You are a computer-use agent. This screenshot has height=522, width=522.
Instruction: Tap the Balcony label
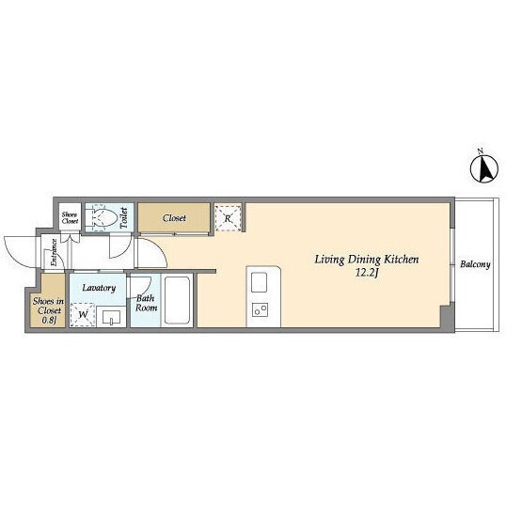(x=475, y=264)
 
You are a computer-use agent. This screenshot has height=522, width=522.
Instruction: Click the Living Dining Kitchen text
(x=367, y=260)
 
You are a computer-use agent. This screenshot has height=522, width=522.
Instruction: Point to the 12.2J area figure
(x=367, y=274)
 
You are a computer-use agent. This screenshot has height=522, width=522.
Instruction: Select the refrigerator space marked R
(x=228, y=218)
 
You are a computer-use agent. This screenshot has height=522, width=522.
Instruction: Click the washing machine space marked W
(x=83, y=314)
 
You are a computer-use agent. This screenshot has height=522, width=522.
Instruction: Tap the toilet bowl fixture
(x=102, y=217)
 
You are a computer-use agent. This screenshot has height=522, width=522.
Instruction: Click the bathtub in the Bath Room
(x=177, y=300)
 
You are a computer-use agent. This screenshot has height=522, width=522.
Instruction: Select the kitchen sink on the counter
(x=259, y=282)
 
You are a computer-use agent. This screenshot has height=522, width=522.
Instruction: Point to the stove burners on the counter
(x=261, y=310)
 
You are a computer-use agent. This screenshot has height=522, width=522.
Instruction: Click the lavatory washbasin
(x=111, y=317)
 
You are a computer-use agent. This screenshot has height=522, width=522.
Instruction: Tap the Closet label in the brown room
(x=174, y=218)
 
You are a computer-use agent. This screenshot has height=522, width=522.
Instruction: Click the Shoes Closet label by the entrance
(x=71, y=217)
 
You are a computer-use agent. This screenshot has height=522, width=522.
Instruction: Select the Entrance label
(x=54, y=252)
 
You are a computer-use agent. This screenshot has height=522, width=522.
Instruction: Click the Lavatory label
(x=99, y=288)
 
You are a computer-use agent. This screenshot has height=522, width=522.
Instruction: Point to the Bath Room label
(x=146, y=303)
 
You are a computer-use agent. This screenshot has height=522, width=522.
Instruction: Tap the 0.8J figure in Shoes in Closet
(x=49, y=320)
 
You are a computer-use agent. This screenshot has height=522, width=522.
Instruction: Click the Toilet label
(x=124, y=217)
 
